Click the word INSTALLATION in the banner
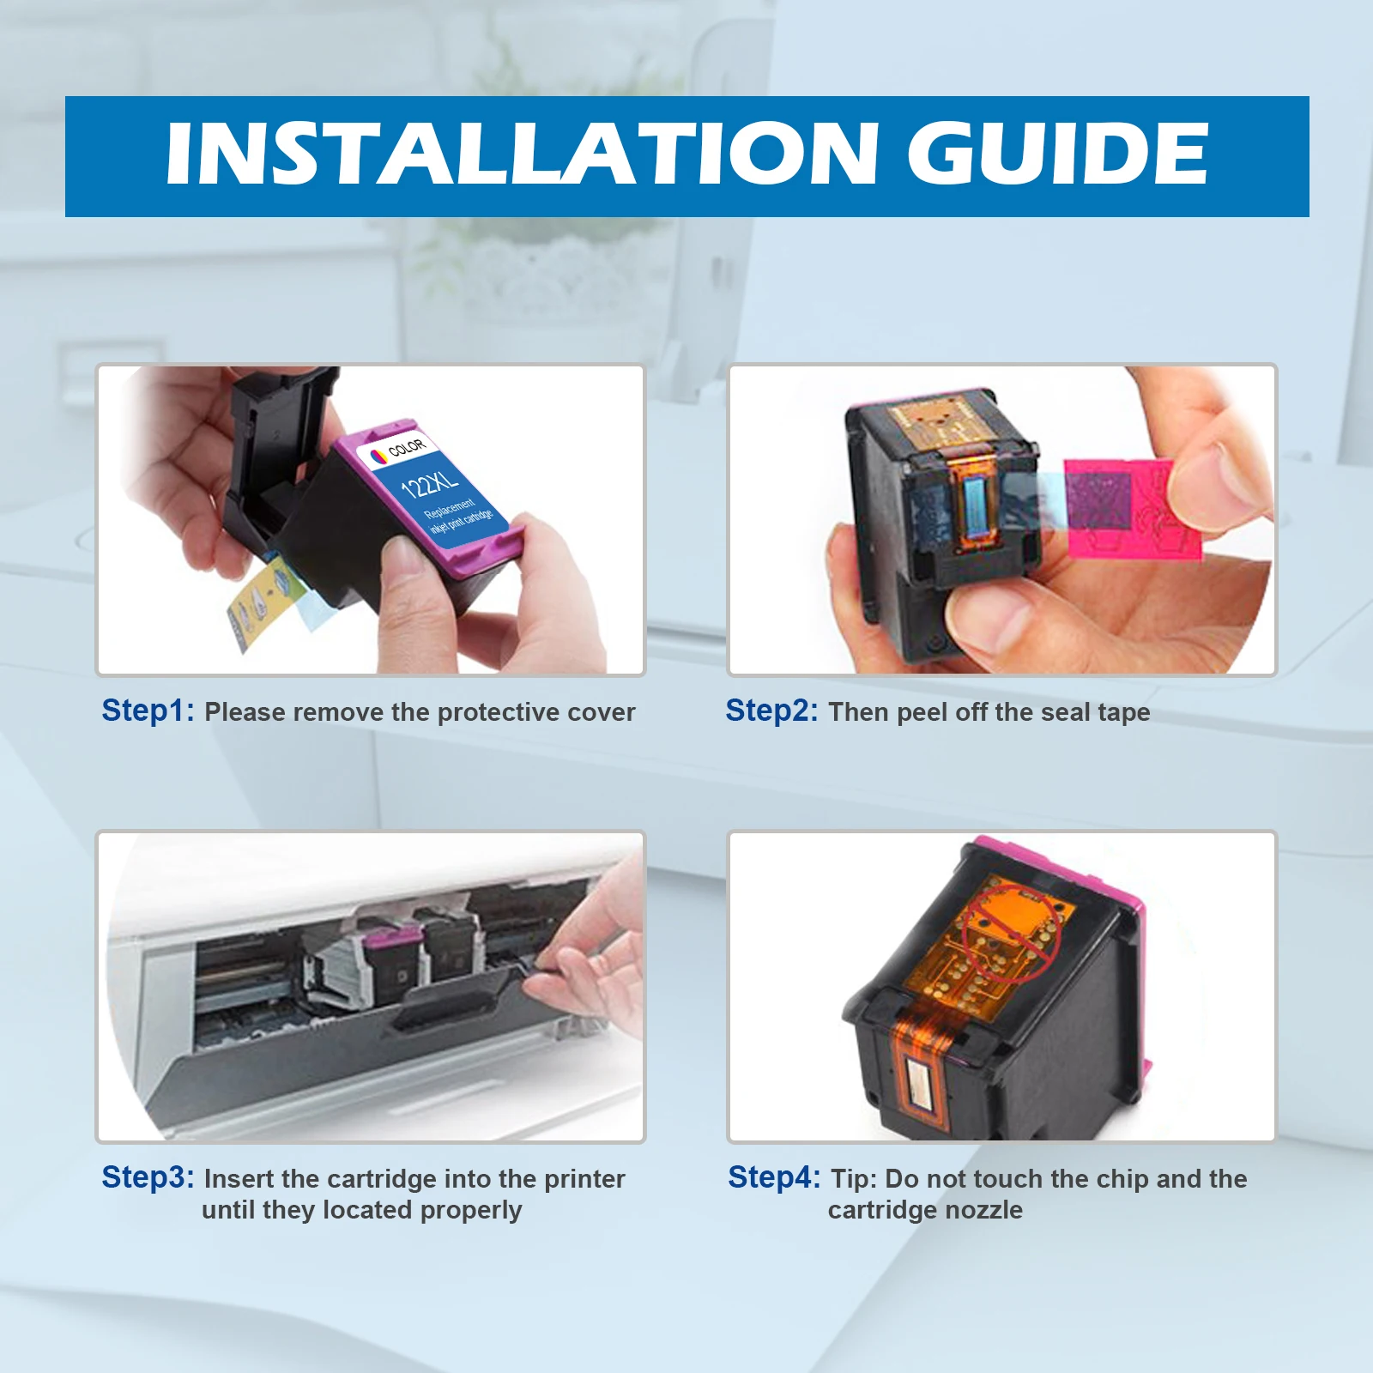[x=522, y=154]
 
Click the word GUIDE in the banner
[x=1058, y=154]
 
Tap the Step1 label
[x=148, y=711]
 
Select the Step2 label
[x=771, y=711]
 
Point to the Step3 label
[x=148, y=1177]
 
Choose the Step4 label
[x=774, y=1177]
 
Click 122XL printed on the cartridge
[x=429, y=482]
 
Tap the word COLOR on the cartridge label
[x=407, y=447]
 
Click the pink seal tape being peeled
[x=1131, y=505]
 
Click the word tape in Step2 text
[x=1123, y=713]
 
